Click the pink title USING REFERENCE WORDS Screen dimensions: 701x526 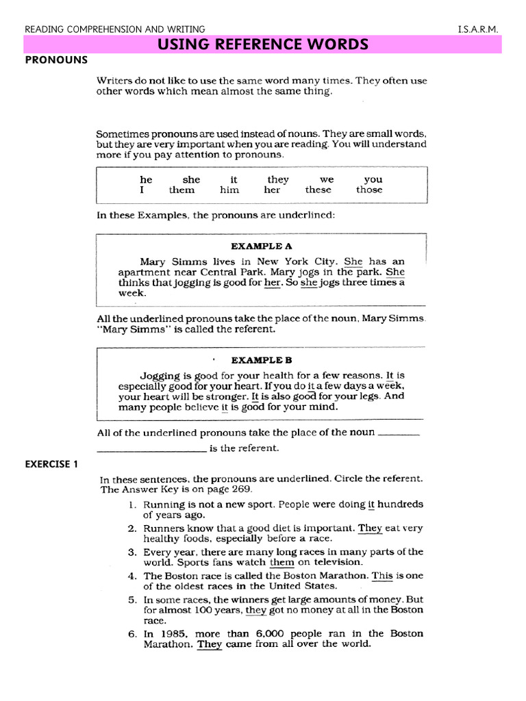263,45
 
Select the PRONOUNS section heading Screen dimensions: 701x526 56,60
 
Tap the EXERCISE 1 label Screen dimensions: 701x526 52,463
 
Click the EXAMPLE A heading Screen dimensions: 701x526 262,245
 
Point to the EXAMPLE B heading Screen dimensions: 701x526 262,359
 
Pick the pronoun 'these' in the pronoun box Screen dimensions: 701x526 318,190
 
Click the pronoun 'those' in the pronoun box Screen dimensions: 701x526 369,190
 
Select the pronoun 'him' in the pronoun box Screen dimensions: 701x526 229,190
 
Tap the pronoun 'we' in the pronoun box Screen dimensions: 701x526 327,179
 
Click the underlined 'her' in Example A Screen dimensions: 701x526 273,282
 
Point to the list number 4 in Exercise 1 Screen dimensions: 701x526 134,576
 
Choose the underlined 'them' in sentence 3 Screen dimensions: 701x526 281,562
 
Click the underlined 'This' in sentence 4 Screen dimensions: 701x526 382,576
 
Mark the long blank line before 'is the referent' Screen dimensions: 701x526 152,448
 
